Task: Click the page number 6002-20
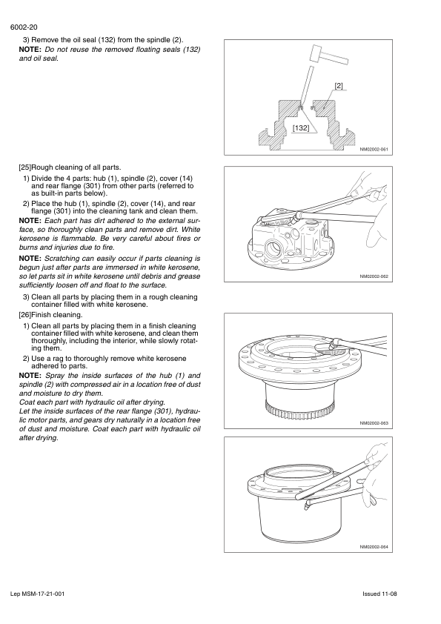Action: tap(24, 27)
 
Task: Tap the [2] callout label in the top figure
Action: tap(339, 85)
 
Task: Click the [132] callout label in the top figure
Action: tap(300, 127)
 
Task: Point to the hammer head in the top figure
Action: tap(318, 53)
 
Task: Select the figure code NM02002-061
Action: tap(374, 150)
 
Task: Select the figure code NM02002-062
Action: tap(374, 276)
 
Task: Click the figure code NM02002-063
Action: tap(374, 423)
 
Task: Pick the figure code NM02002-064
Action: tap(374, 547)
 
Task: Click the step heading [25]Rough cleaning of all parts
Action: tap(70, 167)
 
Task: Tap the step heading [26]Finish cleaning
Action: tap(50, 315)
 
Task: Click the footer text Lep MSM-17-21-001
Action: tap(37, 594)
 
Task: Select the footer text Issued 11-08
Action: tap(379, 594)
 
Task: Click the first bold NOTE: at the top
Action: tap(30, 50)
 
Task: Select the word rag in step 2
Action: tap(59, 359)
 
